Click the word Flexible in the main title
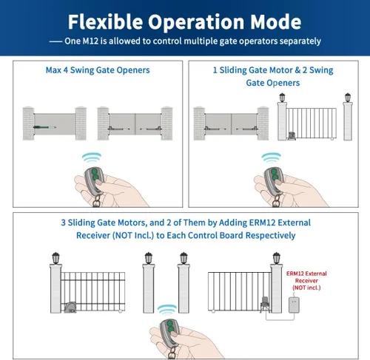coord(106,21)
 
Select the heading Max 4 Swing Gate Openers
coord(98,70)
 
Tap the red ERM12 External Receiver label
coord(306,280)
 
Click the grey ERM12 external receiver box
coord(294,305)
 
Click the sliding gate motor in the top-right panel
coord(292,136)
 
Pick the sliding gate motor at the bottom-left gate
coord(70,308)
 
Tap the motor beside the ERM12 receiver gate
coord(265,305)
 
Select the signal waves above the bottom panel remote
coord(167,309)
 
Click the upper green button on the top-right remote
coord(274,171)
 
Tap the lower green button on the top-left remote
coord(94,177)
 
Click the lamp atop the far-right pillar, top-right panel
coord(348,98)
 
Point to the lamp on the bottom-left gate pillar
coord(56,258)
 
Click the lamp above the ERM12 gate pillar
coord(277,258)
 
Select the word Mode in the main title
coord(276,21)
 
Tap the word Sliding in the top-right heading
coord(233,70)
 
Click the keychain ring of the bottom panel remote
coord(172,353)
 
